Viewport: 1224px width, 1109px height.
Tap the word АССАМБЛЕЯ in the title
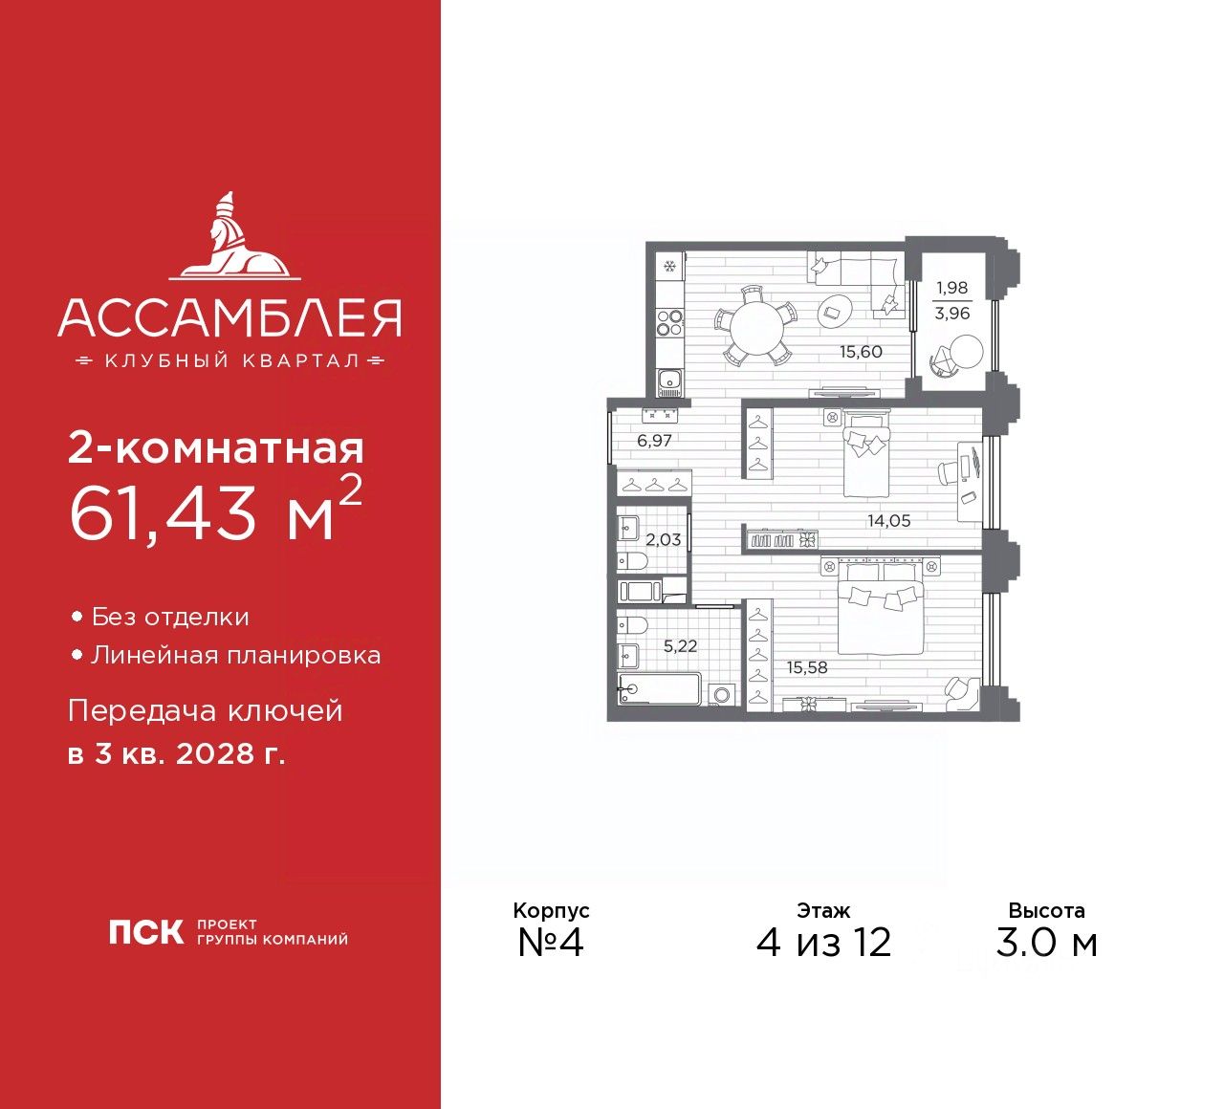click(229, 318)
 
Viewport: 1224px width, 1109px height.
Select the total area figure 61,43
click(164, 513)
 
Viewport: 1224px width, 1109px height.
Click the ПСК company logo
click(145, 931)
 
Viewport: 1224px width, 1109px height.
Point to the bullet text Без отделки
click(170, 618)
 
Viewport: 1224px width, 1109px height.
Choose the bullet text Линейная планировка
click(235, 656)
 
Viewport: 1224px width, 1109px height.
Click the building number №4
click(551, 943)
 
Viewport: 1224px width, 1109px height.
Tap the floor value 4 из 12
click(823, 943)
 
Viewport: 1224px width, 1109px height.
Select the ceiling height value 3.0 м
click(1046, 943)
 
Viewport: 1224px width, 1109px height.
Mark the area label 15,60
click(861, 352)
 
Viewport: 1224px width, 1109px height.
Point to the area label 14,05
click(888, 521)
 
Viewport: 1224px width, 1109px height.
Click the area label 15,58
click(807, 667)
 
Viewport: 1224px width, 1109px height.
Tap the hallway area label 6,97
click(654, 442)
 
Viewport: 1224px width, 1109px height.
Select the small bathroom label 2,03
click(663, 540)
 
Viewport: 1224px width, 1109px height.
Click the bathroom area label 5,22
click(680, 646)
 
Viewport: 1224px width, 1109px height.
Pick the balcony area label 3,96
click(951, 314)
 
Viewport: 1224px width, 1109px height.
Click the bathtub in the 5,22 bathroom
click(659, 688)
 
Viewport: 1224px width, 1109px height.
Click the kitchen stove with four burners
click(669, 323)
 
